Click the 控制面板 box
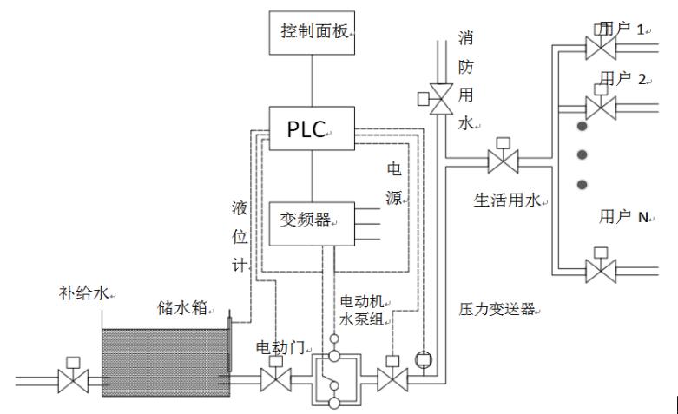click(x=313, y=33)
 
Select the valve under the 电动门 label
click(x=275, y=379)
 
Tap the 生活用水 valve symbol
click(x=503, y=161)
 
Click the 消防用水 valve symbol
click(x=442, y=100)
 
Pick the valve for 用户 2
click(x=600, y=107)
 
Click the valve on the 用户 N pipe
click(x=600, y=267)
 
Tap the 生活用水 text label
click(x=508, y=201)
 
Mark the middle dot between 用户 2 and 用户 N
click(x=583, y=154)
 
